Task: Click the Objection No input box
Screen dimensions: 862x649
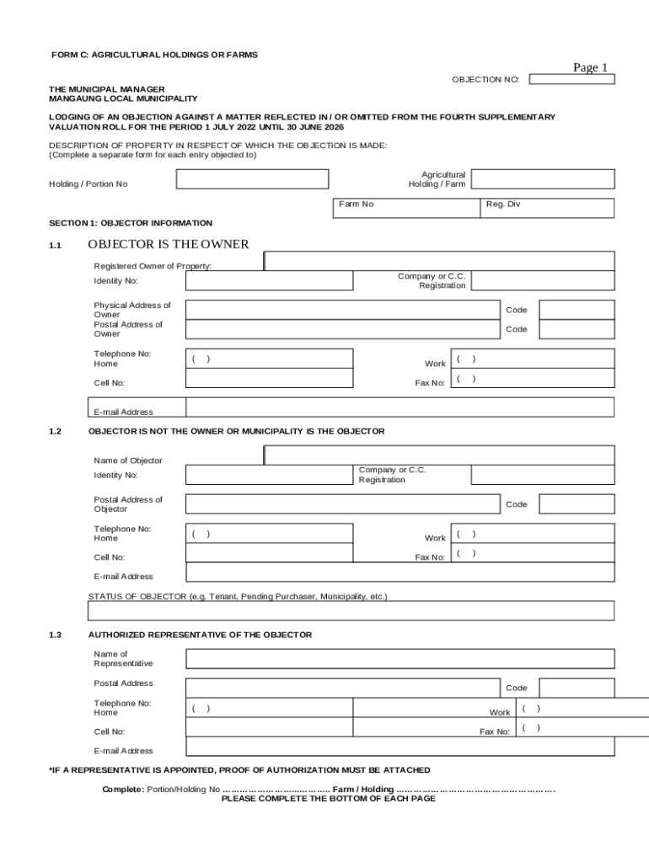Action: (x=572, y=79)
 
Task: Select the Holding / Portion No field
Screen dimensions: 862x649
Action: (x=252, y=179)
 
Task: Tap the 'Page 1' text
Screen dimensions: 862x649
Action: (x=590, y=67)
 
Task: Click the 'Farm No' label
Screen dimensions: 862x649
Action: (x=356, y=205)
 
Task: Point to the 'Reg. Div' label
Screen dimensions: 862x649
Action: (x=503, y=205)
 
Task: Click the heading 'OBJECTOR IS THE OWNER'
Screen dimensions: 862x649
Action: (x=168, y=244)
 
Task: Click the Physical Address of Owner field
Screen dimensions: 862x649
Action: (x=343, y=309)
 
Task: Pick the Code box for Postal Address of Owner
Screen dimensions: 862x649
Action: (x=577, y=329)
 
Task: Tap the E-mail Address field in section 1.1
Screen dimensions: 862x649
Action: (x=400, y=407)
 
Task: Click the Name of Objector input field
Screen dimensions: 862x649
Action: (x=439, y=455)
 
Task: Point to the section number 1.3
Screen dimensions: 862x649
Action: (x=56, y=635)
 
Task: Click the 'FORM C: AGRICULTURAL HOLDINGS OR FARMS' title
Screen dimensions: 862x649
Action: (x=154, y=55)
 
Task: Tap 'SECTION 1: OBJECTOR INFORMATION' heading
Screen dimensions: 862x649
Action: (x=131, y=223)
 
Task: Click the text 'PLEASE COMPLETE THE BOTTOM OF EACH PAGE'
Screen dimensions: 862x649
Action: (x=328, y=798)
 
